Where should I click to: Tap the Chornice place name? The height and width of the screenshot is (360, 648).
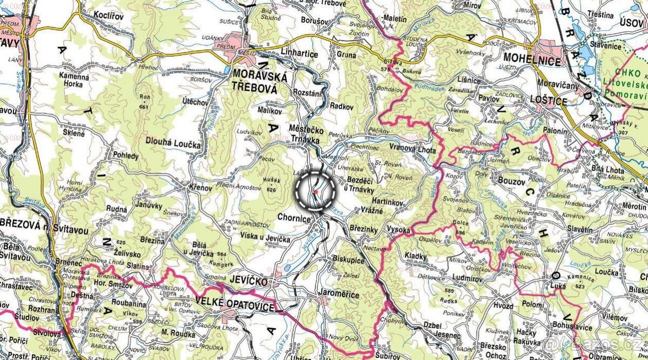pos(294,219)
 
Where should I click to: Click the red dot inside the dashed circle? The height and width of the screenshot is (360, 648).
pos(315,191)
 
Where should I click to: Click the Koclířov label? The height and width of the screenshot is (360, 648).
pos(109,15)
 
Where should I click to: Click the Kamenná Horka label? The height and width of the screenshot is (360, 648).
pos(75,81)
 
